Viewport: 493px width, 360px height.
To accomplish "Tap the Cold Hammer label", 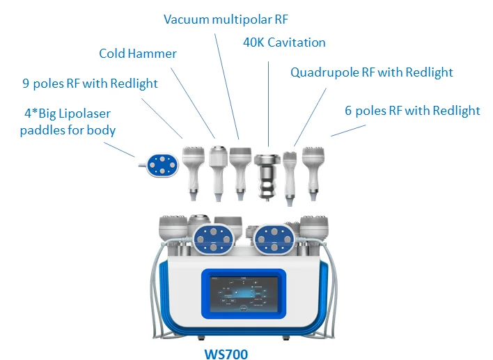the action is coord(138,54).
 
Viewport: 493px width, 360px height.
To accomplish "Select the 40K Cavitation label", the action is coord(284,42).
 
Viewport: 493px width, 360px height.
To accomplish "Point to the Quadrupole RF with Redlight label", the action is coord(372,72).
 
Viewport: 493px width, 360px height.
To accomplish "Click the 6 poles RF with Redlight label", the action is coord(413,111).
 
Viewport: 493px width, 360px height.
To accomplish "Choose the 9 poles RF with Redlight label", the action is coord(91,84).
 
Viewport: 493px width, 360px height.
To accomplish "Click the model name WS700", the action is coord(226,352).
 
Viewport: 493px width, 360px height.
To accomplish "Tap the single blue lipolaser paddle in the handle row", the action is coord(158,164).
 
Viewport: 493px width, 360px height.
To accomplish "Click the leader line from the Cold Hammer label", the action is coord(194,101).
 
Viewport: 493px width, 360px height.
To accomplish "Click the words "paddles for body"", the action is coord(68,130).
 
